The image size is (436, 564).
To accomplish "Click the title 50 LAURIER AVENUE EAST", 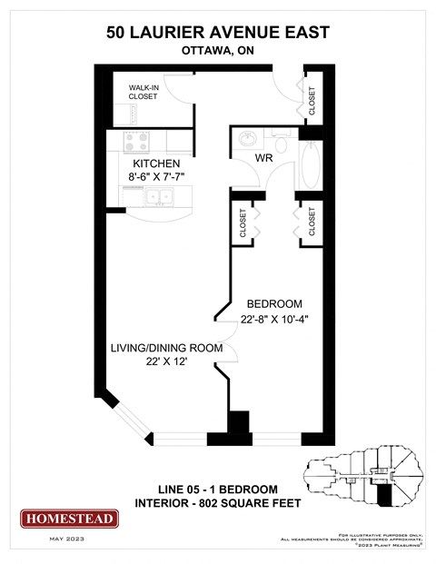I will (217, 33).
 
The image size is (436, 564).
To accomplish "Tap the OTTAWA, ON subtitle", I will (217, 52).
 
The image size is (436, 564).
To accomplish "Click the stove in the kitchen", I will (137, 143).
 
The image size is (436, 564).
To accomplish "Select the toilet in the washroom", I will (280, 143).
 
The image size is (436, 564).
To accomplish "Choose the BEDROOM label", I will (273, 303).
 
